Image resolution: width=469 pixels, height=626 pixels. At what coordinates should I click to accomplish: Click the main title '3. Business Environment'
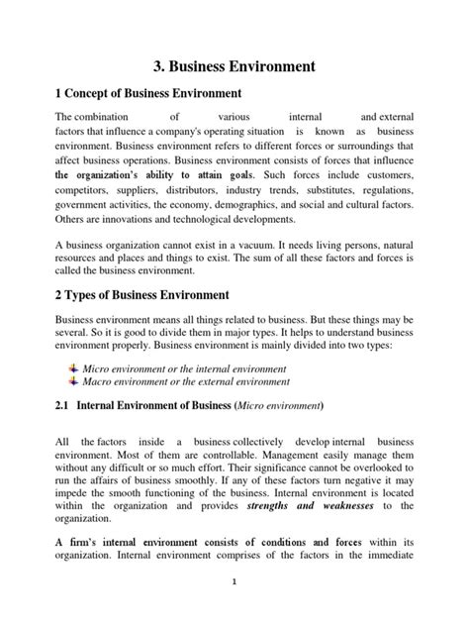pyautogui.click(x=234, y=67)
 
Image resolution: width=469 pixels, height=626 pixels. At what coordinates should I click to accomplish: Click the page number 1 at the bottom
pyautogui.click(x=234, y=610)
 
